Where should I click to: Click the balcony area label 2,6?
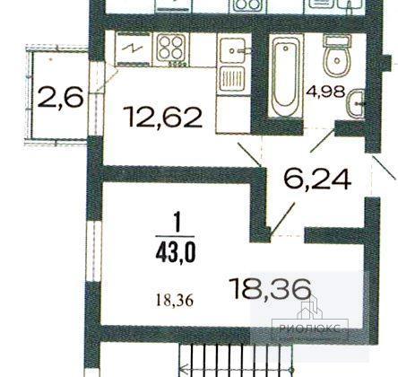[x=60, y=96]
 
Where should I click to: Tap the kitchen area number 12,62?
[x=163, y=117]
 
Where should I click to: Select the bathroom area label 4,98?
[x=325, y=92]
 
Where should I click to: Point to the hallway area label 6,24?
[x=317, y=179]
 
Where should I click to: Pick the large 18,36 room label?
[x=272, y=288]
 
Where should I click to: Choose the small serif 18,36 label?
[x=175, y=300]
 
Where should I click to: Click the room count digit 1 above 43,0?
[x=177, y=223]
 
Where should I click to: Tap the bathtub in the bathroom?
[x=286, y=76]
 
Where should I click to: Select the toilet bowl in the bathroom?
[x=337, y=57]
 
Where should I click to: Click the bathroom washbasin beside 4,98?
[x=356, y=103]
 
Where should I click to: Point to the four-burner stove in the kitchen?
[x=171, y=49]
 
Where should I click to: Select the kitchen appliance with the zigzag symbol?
[x=134, y=48]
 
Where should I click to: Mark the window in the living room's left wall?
[x=94, y=251]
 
